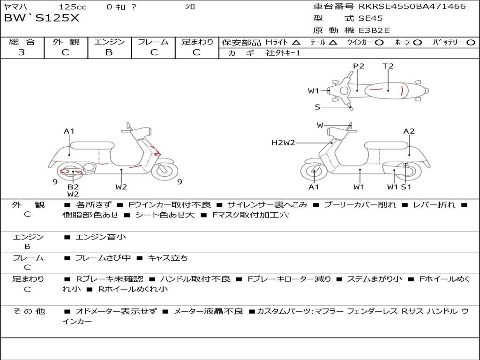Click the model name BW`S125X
point(42,18)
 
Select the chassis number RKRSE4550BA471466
point(412,6)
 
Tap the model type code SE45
point(370,18)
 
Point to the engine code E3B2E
point(374,30)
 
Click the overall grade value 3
point(22,52)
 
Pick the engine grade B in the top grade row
point(109,52)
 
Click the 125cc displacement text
point(73,7)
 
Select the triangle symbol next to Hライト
point(296,43)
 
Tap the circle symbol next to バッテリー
point(471,43)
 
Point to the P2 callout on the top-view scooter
point(359,66)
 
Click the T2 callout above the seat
point(388,66)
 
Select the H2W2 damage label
point(283,142)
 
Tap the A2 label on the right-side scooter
point(409,131)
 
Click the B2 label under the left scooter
point(73,187)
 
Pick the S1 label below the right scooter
point(406,187)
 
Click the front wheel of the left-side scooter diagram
point(165,170)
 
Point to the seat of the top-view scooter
point(386,90)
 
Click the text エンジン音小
point(101,237)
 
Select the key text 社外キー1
point(283,53)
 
